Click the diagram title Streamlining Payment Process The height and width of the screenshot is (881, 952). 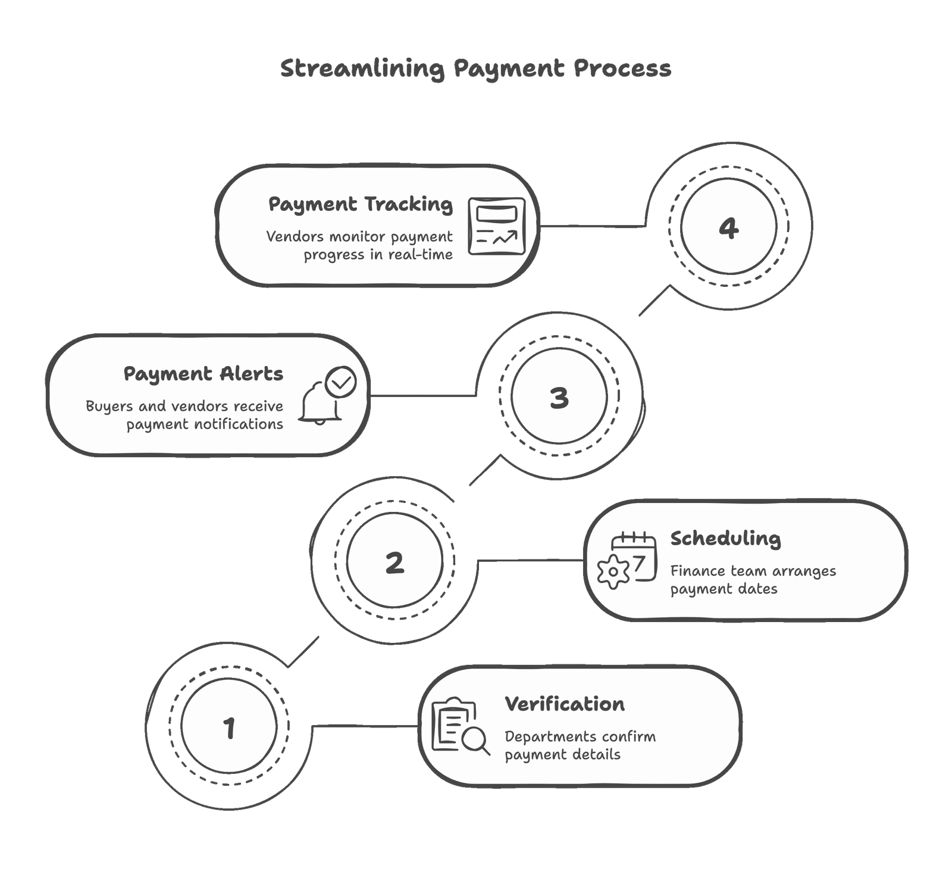475,68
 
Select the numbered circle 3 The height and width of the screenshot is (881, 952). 559,398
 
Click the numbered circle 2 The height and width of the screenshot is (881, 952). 394,563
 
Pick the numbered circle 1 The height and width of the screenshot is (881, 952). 229,727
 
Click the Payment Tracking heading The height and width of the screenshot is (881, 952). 361,204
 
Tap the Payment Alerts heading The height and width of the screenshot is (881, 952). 203,374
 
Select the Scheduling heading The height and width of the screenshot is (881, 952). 725,539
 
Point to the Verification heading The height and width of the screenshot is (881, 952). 565,704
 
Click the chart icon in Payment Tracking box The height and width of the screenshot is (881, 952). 497,226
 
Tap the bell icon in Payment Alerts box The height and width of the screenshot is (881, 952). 320,405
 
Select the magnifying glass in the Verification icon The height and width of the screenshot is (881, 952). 475,741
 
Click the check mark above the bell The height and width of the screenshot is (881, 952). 342,382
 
